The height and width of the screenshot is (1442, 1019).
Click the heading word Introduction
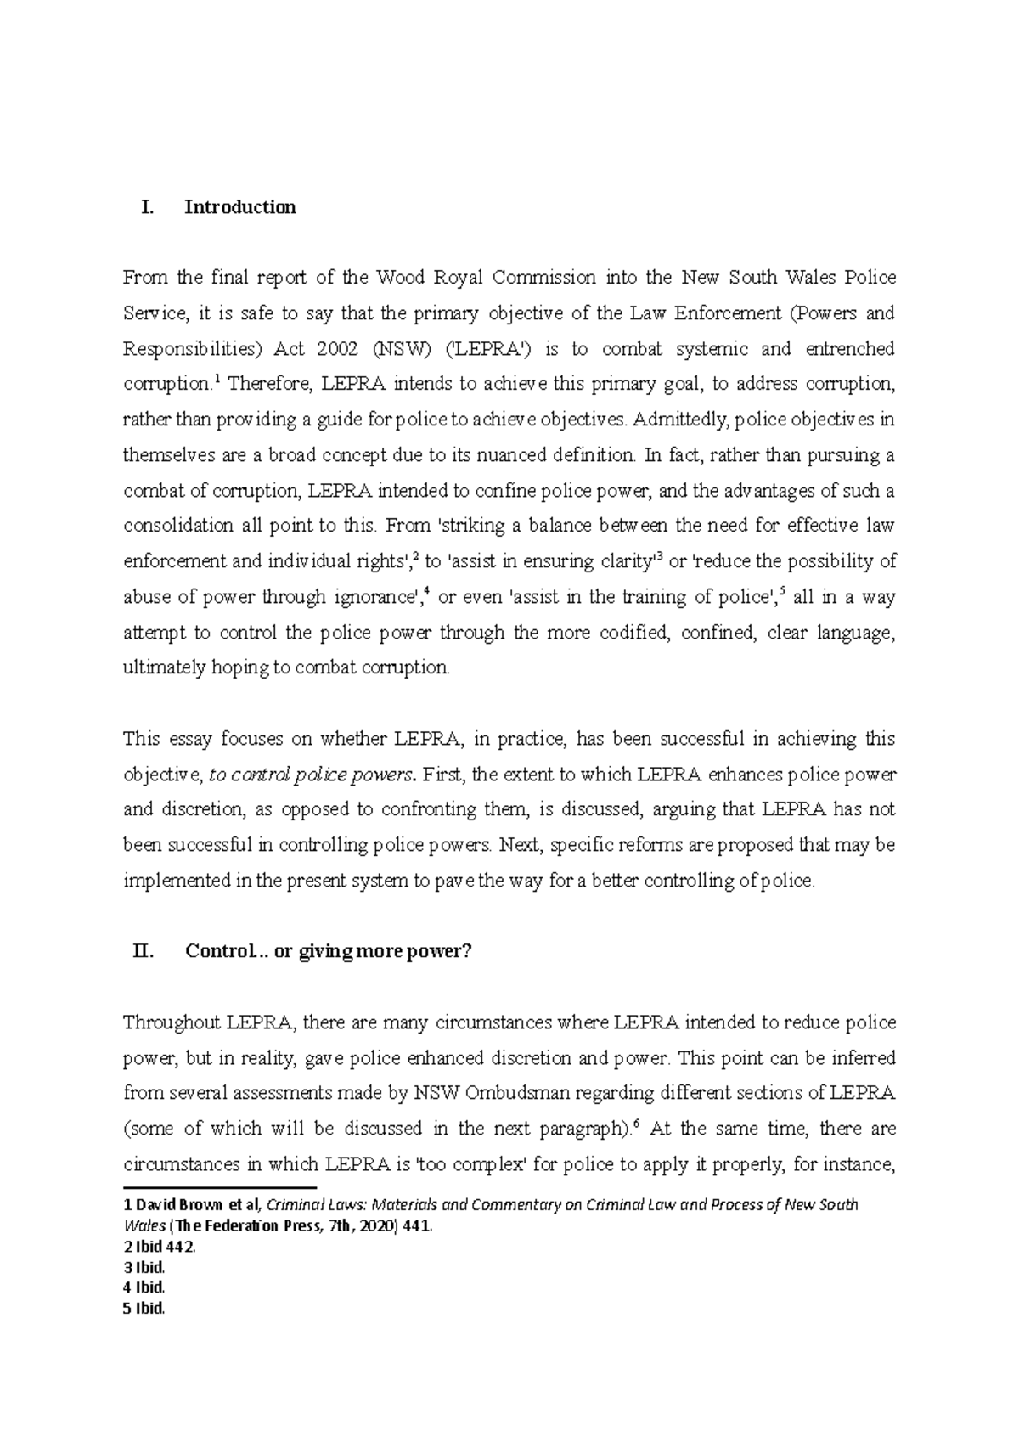[240, 207]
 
